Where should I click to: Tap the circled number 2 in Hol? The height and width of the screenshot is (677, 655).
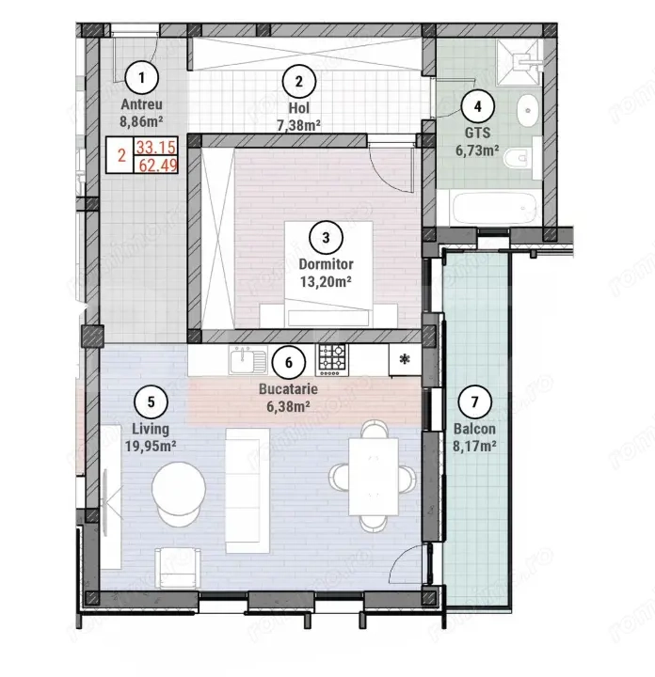[x=298, y=81]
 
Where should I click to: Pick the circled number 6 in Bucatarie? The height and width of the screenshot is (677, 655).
[x=289, y=360]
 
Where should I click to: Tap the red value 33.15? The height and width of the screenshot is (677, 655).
[x=155, y=148]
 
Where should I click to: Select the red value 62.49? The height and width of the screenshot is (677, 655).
[x=155, y=166]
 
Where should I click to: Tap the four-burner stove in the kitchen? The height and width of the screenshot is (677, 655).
[x=330, y=357]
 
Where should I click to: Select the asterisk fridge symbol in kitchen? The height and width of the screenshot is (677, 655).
[x=405, y=358]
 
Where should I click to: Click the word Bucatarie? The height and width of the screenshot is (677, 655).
[x=289, y=386]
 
